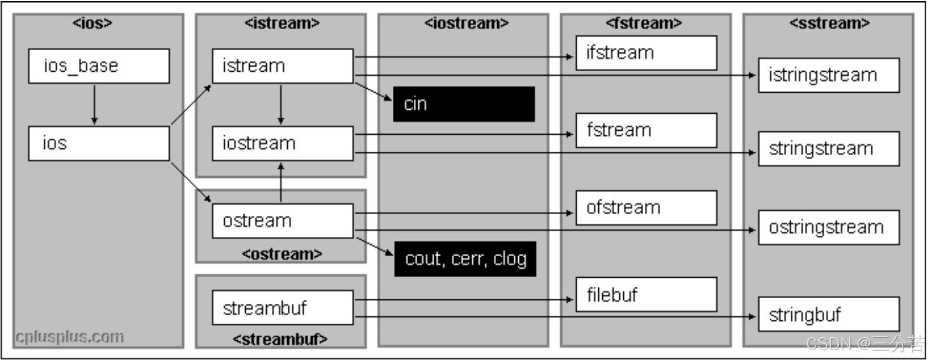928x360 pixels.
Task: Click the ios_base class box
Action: tap(99, 66)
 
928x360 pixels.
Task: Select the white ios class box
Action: tap(99, 144)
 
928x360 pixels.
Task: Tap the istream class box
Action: tap(282, 66)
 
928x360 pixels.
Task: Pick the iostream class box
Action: tap(282, 144)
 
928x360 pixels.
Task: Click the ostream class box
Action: tap(282, 221)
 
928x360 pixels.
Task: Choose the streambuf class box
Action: tap(282, 307)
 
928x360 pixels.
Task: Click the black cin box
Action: tap(464, 104)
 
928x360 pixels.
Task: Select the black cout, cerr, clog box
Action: tap(465, 258)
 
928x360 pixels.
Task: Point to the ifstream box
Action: tap(646, 53)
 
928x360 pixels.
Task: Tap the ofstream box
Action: tap(646, 208)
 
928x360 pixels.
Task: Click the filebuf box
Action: tap(646, 295)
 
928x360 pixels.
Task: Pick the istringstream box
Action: tap(828, 75)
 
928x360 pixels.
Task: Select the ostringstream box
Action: tap(828, 227)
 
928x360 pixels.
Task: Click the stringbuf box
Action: tap(828, 314)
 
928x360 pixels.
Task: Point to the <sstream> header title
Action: tap(829, 23)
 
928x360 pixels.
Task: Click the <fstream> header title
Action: tap(644, 23)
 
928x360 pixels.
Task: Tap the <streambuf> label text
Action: tap(280, 339)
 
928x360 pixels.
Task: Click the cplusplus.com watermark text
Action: tap(69, 337)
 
